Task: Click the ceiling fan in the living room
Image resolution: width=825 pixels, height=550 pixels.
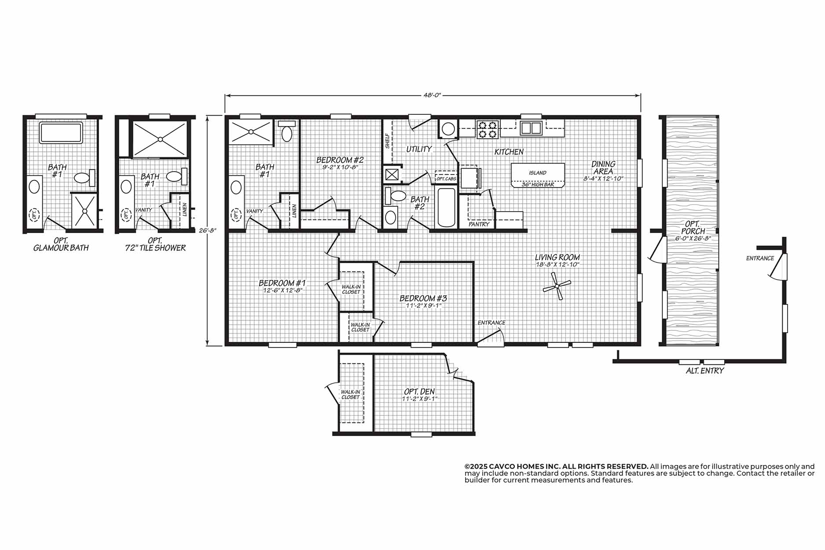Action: (x=557, y=286)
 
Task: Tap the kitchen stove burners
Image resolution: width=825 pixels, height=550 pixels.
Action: (x=487, y=128)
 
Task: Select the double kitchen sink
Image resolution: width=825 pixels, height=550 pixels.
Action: (x=531, y=128)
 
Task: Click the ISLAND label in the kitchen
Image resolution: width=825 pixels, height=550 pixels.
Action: (x=538, y=173)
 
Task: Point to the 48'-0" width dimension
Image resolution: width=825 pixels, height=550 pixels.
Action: (x=433, y=95)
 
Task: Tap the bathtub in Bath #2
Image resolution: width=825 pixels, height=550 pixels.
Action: (x=446, y=207)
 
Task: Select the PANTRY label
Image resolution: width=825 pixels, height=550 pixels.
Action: (x=479, y=224)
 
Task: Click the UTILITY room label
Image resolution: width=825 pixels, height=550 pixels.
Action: (x=418, y=149)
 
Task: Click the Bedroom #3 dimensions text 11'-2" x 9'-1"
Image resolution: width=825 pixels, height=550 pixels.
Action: (x=423, y=306)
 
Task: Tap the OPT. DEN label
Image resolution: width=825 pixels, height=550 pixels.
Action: (x=419, y=392)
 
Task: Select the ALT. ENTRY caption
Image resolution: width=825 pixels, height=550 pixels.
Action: (x=705, y=371)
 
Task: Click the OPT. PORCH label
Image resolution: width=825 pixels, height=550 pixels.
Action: (x=693, y=227)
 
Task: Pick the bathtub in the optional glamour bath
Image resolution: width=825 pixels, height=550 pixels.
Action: (x=61, y=133)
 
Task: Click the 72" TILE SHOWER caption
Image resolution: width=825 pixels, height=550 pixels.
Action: (x=155, y=248)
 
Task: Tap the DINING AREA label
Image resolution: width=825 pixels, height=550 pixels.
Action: (x=603, y=168)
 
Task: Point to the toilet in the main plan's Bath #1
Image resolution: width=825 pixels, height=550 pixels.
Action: (x=286, y=131)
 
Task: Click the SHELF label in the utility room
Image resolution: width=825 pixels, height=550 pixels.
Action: (x=387, y=141)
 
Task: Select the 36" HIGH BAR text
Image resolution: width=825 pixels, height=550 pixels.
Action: (x=538, y=185)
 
